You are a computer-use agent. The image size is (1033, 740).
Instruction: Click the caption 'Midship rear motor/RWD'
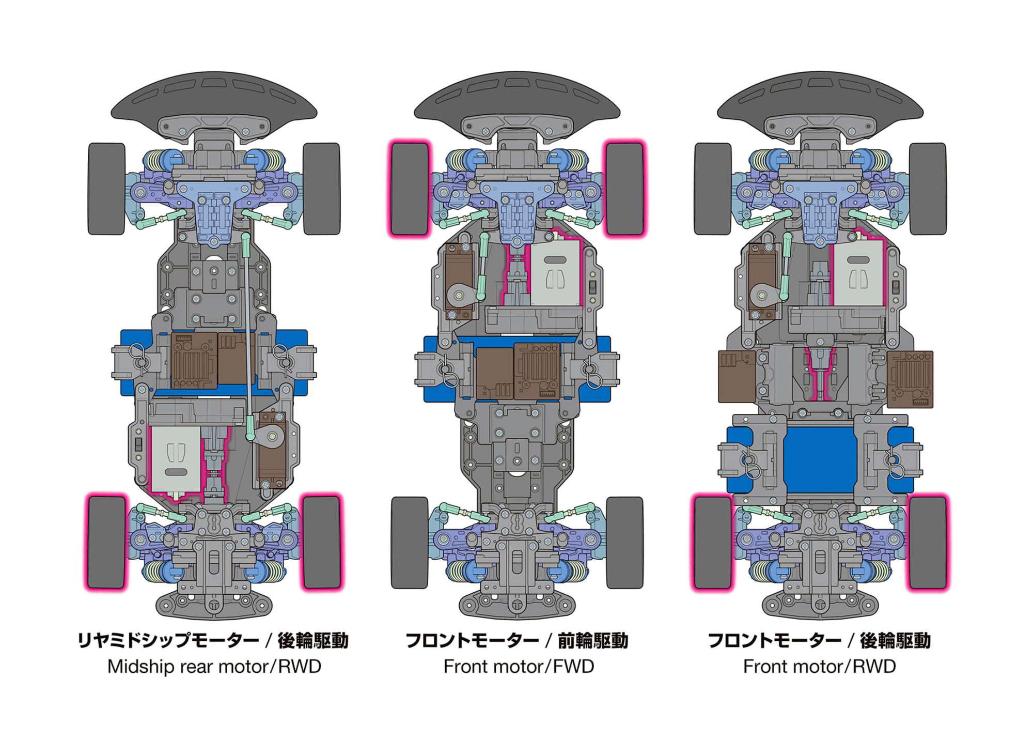tap(214, 667)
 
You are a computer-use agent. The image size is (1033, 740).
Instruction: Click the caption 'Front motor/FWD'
tap(519, 667)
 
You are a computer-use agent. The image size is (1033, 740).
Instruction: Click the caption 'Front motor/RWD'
tap(819, 667)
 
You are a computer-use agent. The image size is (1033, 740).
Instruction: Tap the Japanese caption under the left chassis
tap(213, 641)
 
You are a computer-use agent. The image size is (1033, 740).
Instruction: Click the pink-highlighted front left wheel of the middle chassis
tap(410, 189)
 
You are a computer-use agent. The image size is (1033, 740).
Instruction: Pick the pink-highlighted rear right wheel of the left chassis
tap(321, 543)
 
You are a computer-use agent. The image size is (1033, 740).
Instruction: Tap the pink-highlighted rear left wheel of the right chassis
tap(713, 543)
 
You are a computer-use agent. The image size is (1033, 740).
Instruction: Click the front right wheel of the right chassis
tap(928, 189)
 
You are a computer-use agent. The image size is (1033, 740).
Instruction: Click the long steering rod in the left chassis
tap(247, 336)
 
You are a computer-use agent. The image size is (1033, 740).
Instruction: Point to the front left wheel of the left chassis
tap(106, 189)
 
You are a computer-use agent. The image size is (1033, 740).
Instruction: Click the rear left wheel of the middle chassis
tap(410, 543)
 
